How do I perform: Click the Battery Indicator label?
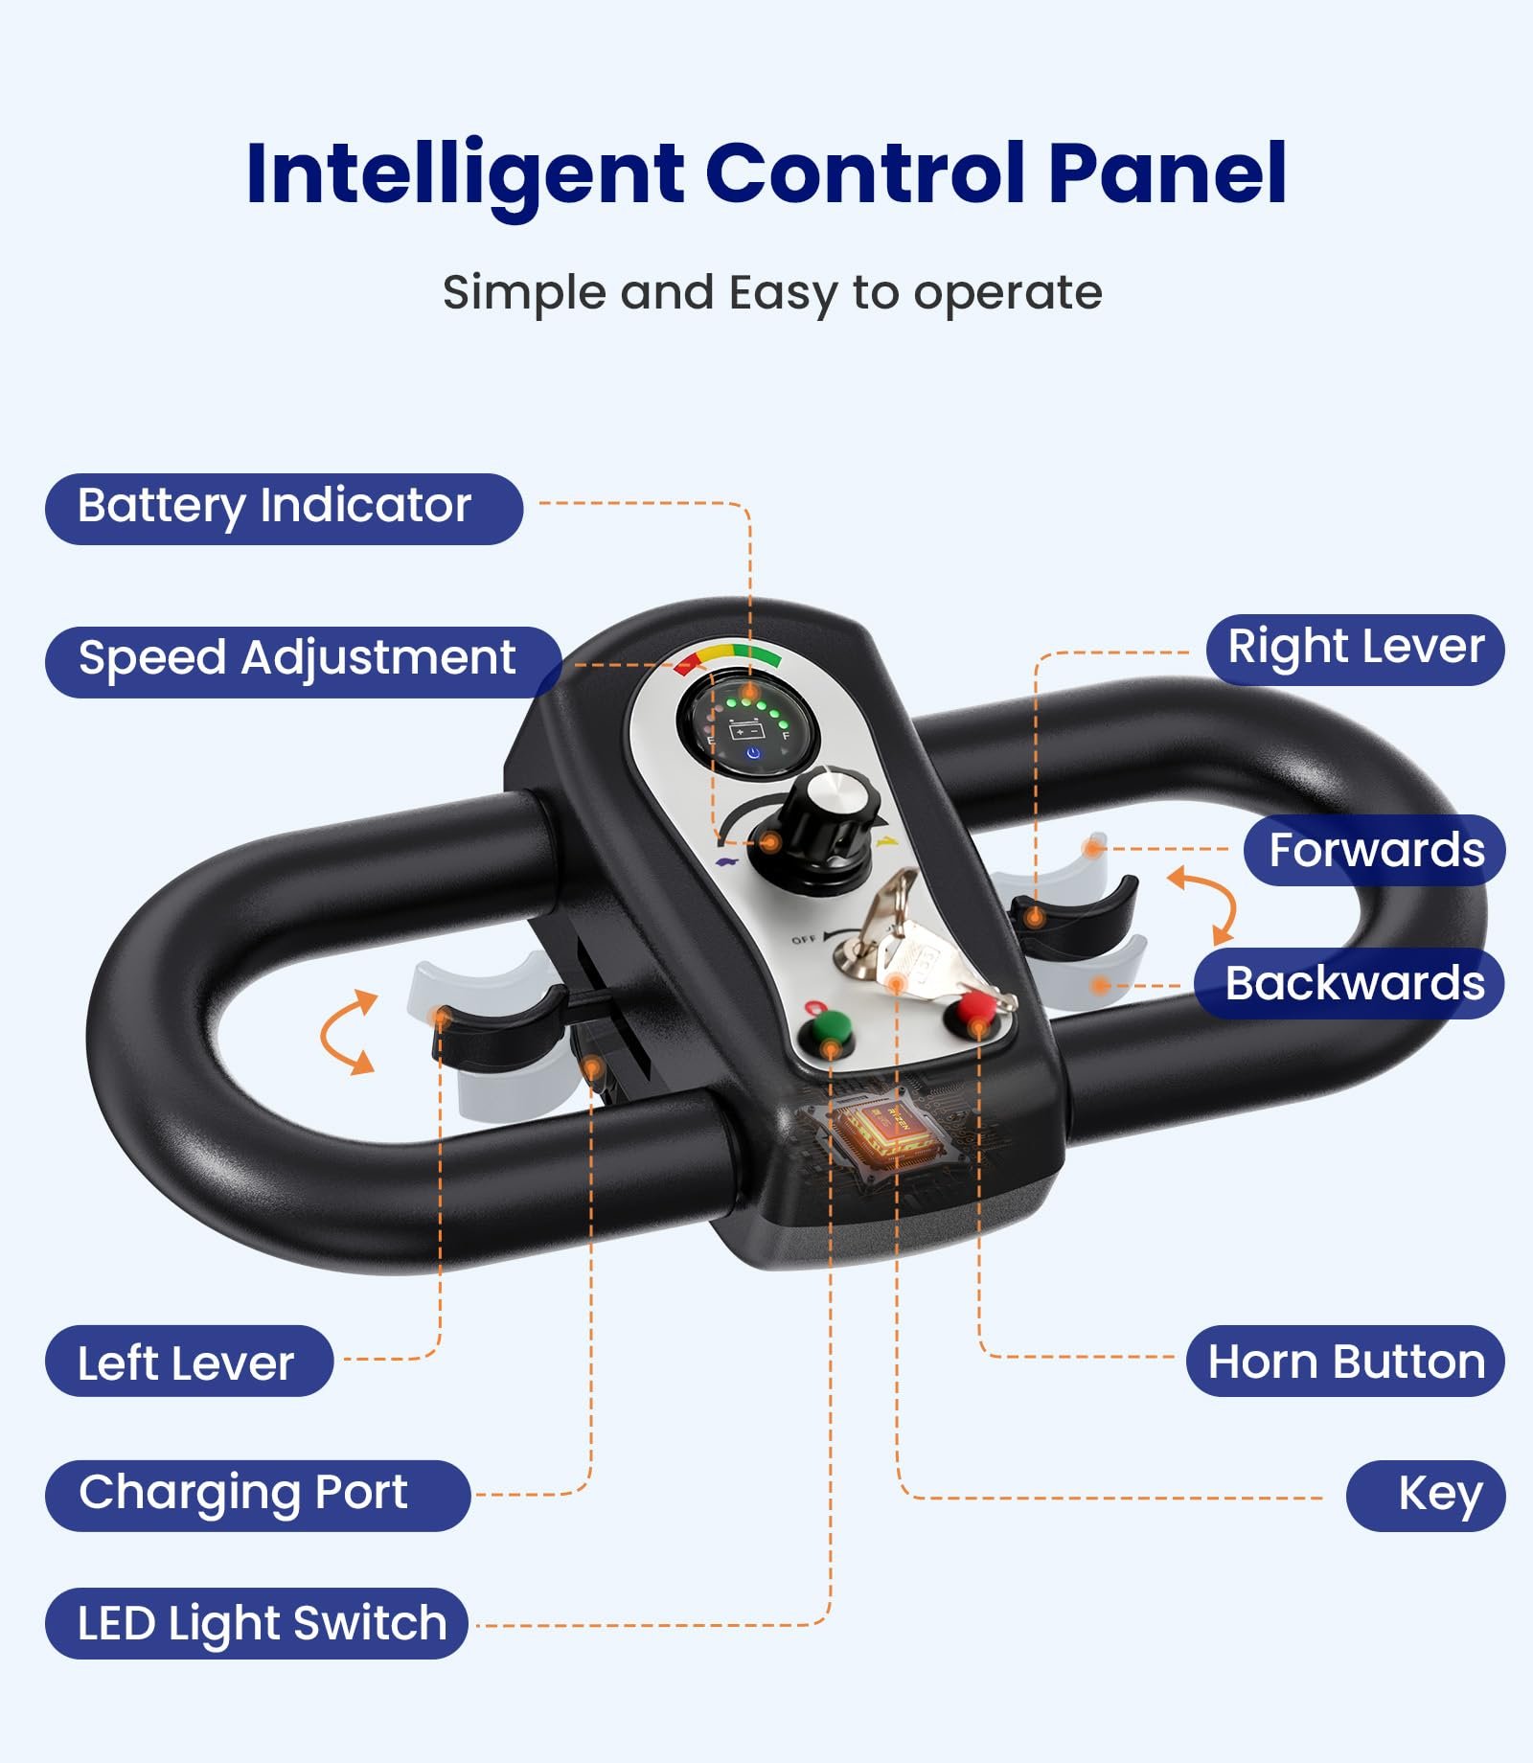click(x=284, y=509)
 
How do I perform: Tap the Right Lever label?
click(x=1355, y=650)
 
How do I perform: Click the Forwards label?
click(x=1375, y=850)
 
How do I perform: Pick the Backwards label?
click(x=1350, y=984)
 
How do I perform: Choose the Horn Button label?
click(x=1345, y=1362)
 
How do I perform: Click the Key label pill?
click(x=1427, y=1496)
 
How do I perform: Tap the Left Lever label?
click(x=189, y=1362)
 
